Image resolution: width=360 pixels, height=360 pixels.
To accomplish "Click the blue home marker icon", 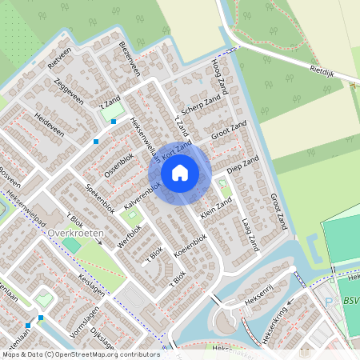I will pos(180,172).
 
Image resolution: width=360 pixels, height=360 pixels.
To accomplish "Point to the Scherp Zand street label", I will pos(201,106).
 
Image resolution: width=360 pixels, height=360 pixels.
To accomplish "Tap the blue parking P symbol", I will pos(327,302).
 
